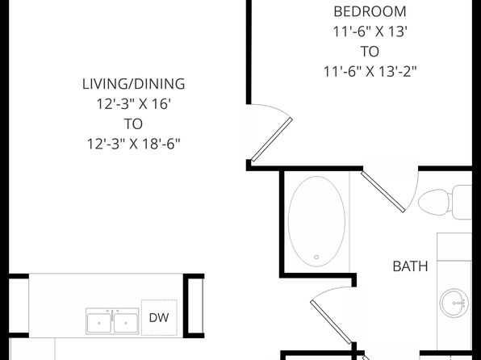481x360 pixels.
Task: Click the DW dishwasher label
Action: (159, 318)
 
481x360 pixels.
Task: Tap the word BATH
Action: (410, 266)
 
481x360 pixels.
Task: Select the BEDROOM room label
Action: (370, 11)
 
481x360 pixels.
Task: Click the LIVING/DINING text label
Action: (133, 84)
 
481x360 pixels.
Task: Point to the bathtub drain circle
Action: (316, 257)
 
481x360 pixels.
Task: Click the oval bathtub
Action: (316, 221)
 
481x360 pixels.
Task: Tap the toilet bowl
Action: (433, 203)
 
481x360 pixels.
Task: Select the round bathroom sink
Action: (454, 303)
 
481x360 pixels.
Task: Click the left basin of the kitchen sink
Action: (99, 323)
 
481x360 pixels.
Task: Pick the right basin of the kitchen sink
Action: (126, 323)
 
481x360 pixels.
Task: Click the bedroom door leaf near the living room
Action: (272, 140)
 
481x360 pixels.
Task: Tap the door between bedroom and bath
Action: (383, 191)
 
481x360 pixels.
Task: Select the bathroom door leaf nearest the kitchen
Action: (331, 321)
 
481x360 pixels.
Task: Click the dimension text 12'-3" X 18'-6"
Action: (133, 144)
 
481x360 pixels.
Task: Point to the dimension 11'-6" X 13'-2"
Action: (370, 72)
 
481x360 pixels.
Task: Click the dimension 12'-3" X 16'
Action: (133, 104)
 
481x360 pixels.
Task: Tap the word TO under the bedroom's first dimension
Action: (370, 52)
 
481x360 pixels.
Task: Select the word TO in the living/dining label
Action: (133, 124)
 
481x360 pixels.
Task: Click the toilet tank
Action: (462, 203)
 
